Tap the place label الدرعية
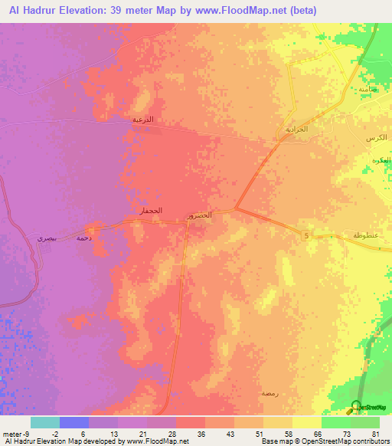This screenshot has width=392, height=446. (x=142, y=120)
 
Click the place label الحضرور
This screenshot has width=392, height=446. (x=201, y=217)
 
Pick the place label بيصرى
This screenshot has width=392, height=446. (x=47, y=238)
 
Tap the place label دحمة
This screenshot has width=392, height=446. (x=84, y=238)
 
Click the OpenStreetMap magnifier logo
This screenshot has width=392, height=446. (x=357, y=407)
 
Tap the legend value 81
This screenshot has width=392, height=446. (x=375, y=433)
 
